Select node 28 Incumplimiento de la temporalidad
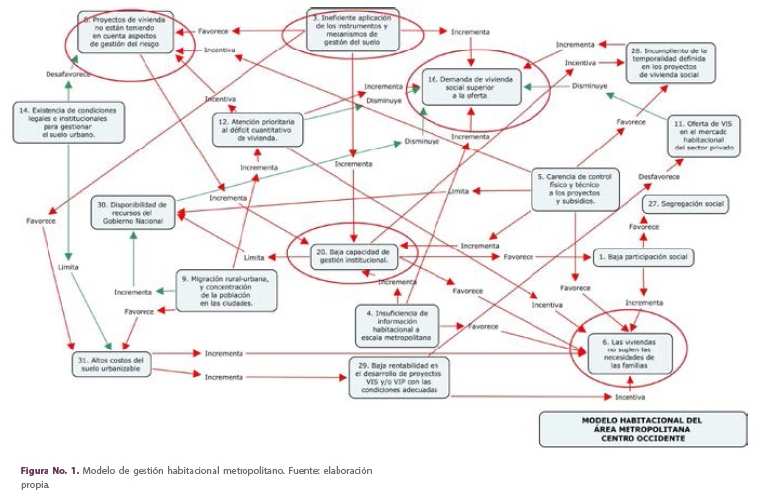pyautogui.click(x=670, y=61)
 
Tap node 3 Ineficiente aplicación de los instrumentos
pyautogui.click(x=352, y=31)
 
